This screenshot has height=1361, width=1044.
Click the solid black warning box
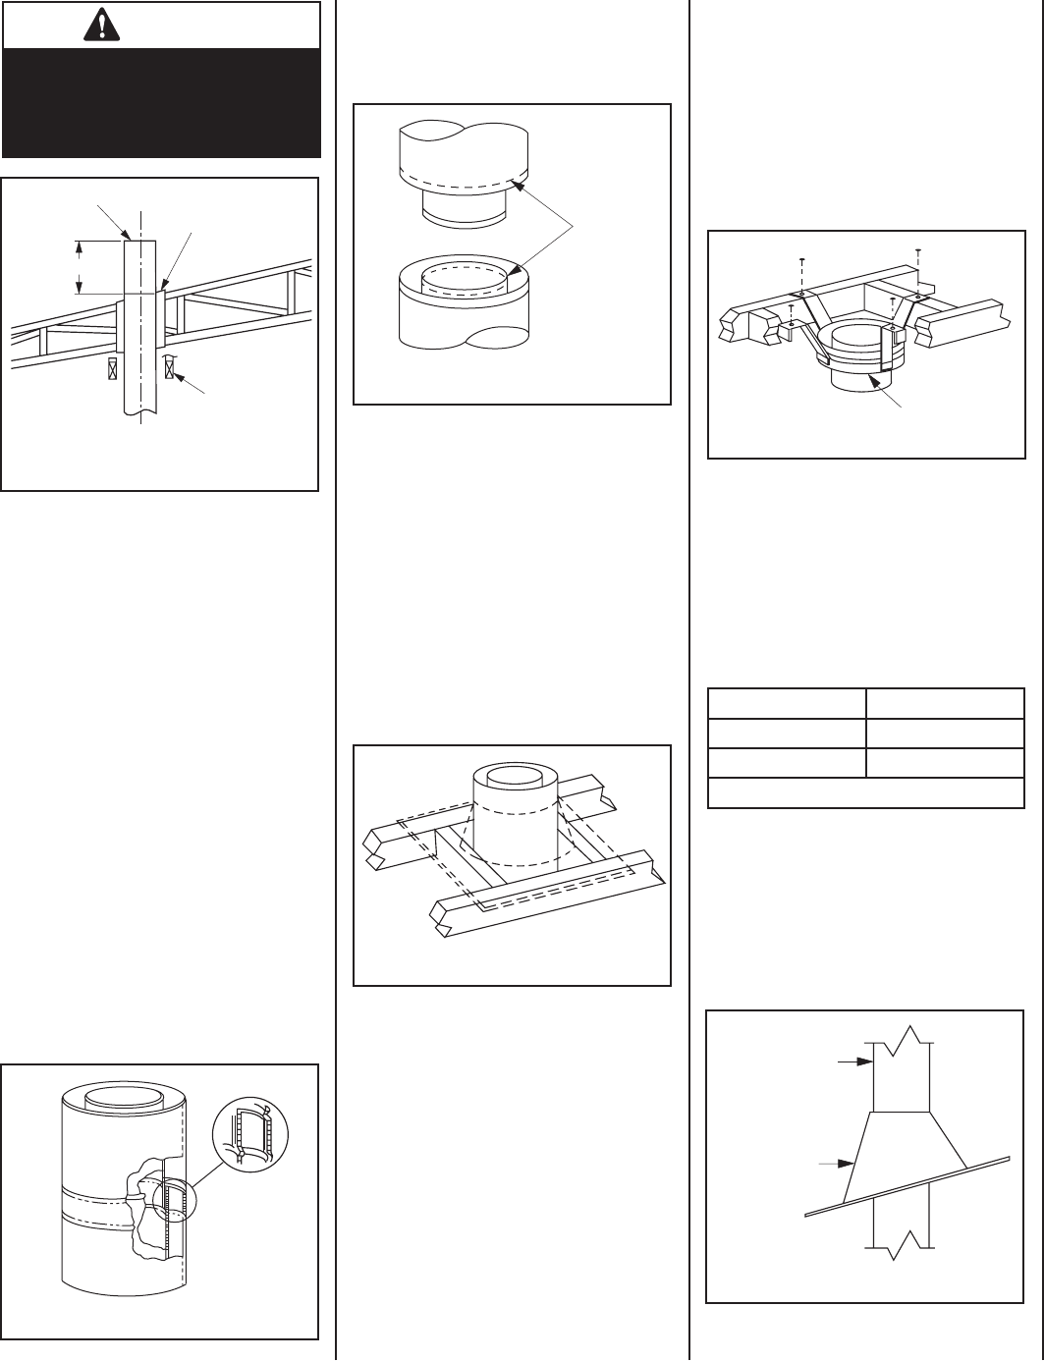click(x=162, y=102)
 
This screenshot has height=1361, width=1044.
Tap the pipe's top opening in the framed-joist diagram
click(x=516, y=776)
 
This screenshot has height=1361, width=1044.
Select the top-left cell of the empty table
click(x=787, y=703)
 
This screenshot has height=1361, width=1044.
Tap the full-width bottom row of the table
click(x=865, y=792)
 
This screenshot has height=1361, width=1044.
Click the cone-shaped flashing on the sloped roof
click(x=904, y=1159)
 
